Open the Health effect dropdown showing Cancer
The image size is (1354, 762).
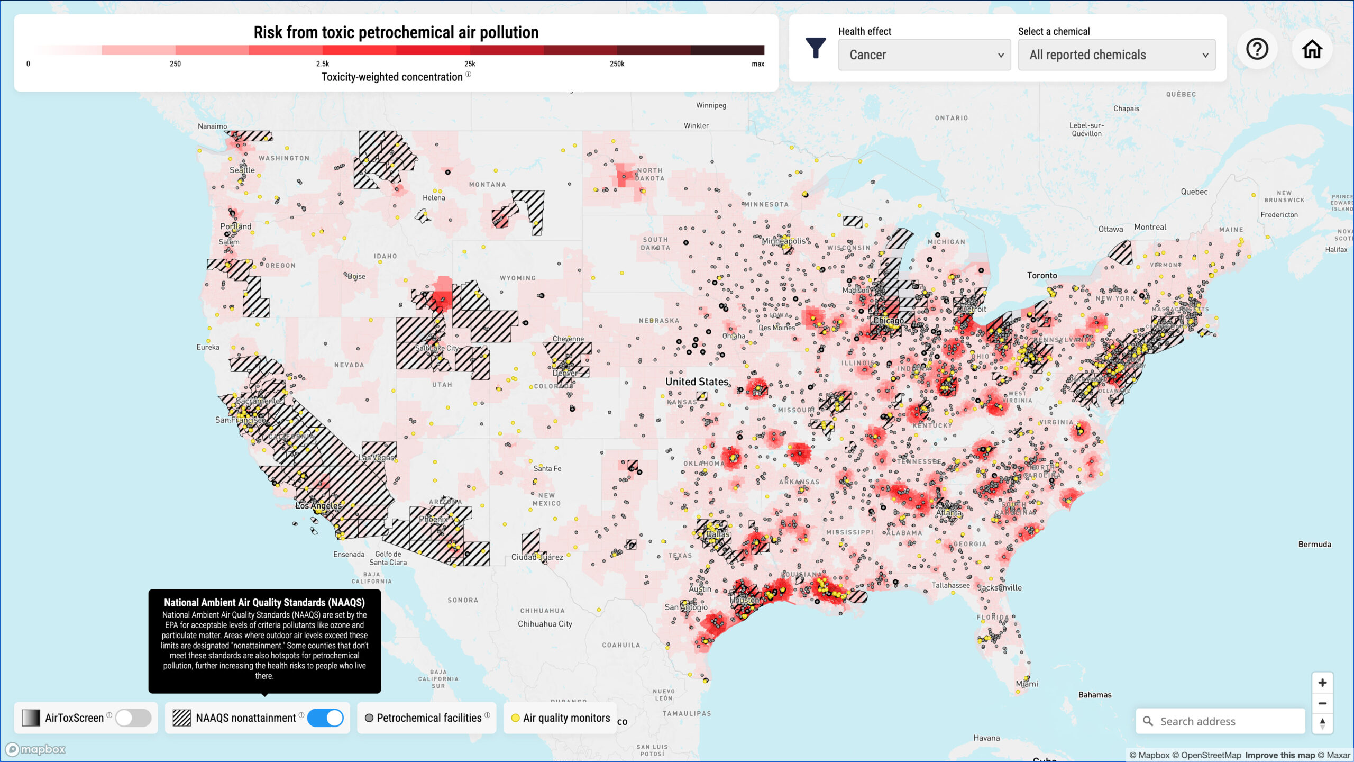point(924,55)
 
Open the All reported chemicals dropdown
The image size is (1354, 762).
point(1117,55)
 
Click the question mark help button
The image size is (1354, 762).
point(1257,49)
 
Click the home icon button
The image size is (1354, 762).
point(1312,49)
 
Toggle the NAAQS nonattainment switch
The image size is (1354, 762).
point(325,718)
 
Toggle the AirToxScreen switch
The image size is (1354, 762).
point(133,718)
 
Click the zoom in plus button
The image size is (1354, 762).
point(1322,683)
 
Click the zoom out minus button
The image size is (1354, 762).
point(1322,703)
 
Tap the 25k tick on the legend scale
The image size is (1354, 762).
point(470,63)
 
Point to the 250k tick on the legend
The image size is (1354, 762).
point(617,63)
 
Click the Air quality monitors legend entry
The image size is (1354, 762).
point(561,718)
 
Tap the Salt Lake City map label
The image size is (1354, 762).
point(436,348)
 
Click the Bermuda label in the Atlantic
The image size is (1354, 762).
point(1314,544)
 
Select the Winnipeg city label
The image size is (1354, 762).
point(711,105)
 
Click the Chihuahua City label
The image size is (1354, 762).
point(545,624)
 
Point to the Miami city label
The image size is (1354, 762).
point(1027,684)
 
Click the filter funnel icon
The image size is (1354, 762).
point(815,48)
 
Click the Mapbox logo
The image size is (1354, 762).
point(35,749)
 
